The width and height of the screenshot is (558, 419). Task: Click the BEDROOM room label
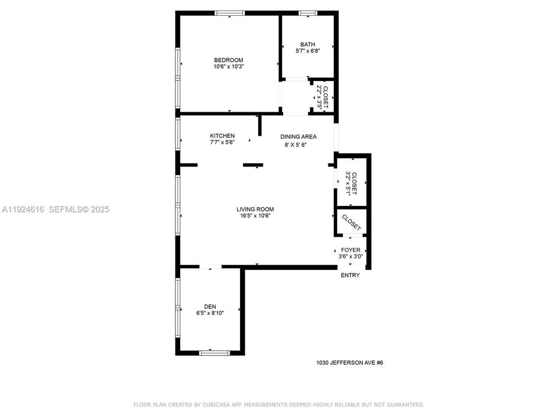coord(228,60)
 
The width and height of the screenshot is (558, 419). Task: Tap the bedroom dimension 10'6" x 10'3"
coord(228,67)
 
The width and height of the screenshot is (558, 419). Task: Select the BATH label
coord(307,44)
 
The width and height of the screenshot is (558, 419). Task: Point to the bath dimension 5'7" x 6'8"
coord(307,51)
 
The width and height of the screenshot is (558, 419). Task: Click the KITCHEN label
coord(222,136)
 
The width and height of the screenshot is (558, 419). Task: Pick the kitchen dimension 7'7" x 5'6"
coord(222,143)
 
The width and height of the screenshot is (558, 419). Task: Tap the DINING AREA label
coord(298,137)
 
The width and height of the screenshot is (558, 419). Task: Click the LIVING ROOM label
coord(255,210)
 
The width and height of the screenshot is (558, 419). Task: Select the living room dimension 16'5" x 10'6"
coord(255,216)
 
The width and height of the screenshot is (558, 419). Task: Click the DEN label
coord(209,307)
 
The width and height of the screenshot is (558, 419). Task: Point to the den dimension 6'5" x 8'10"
coord(209,313)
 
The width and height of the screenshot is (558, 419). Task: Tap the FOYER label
coord(350,250)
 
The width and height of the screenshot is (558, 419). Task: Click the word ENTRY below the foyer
coord(350,275)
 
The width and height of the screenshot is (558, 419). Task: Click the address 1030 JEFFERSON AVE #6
coord(349,363)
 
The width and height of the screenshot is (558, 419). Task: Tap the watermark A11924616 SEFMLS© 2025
coord(56,210)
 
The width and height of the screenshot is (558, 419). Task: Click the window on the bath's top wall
coord(307,13)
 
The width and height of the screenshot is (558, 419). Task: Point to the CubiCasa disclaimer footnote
coord(279,404)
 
